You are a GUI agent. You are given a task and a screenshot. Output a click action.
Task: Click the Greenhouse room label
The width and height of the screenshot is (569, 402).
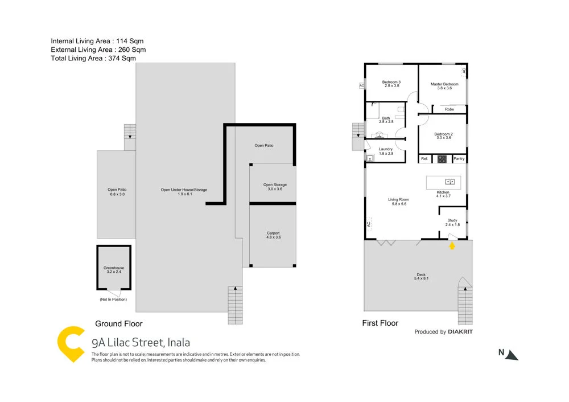[113, 270]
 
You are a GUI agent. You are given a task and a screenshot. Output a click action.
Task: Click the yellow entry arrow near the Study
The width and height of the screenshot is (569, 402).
[452, 246]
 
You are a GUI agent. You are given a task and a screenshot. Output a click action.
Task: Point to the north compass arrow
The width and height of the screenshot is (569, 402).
[512, 355]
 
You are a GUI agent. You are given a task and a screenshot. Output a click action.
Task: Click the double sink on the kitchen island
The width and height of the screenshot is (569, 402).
[450, 182]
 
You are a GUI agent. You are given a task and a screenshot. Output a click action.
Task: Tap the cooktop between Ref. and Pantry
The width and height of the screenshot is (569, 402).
[442, 159]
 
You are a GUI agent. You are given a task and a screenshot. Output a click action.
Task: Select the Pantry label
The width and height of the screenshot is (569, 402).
[459, 159]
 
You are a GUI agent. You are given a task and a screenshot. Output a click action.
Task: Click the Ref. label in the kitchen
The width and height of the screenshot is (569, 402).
[424, 159]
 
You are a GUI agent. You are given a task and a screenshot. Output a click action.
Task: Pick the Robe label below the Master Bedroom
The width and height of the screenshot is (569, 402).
[450, 109]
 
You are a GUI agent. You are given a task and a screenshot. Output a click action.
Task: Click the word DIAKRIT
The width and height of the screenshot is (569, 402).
[460, 332]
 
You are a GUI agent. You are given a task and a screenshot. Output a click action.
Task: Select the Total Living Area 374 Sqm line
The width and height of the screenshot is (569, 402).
[93, 58]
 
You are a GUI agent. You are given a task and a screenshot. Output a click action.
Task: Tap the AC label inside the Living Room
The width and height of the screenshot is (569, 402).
[369, 225]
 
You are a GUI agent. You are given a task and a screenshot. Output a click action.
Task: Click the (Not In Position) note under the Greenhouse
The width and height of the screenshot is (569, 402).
[113, 299]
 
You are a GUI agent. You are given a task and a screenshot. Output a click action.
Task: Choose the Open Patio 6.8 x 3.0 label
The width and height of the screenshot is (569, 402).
[116, 192]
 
